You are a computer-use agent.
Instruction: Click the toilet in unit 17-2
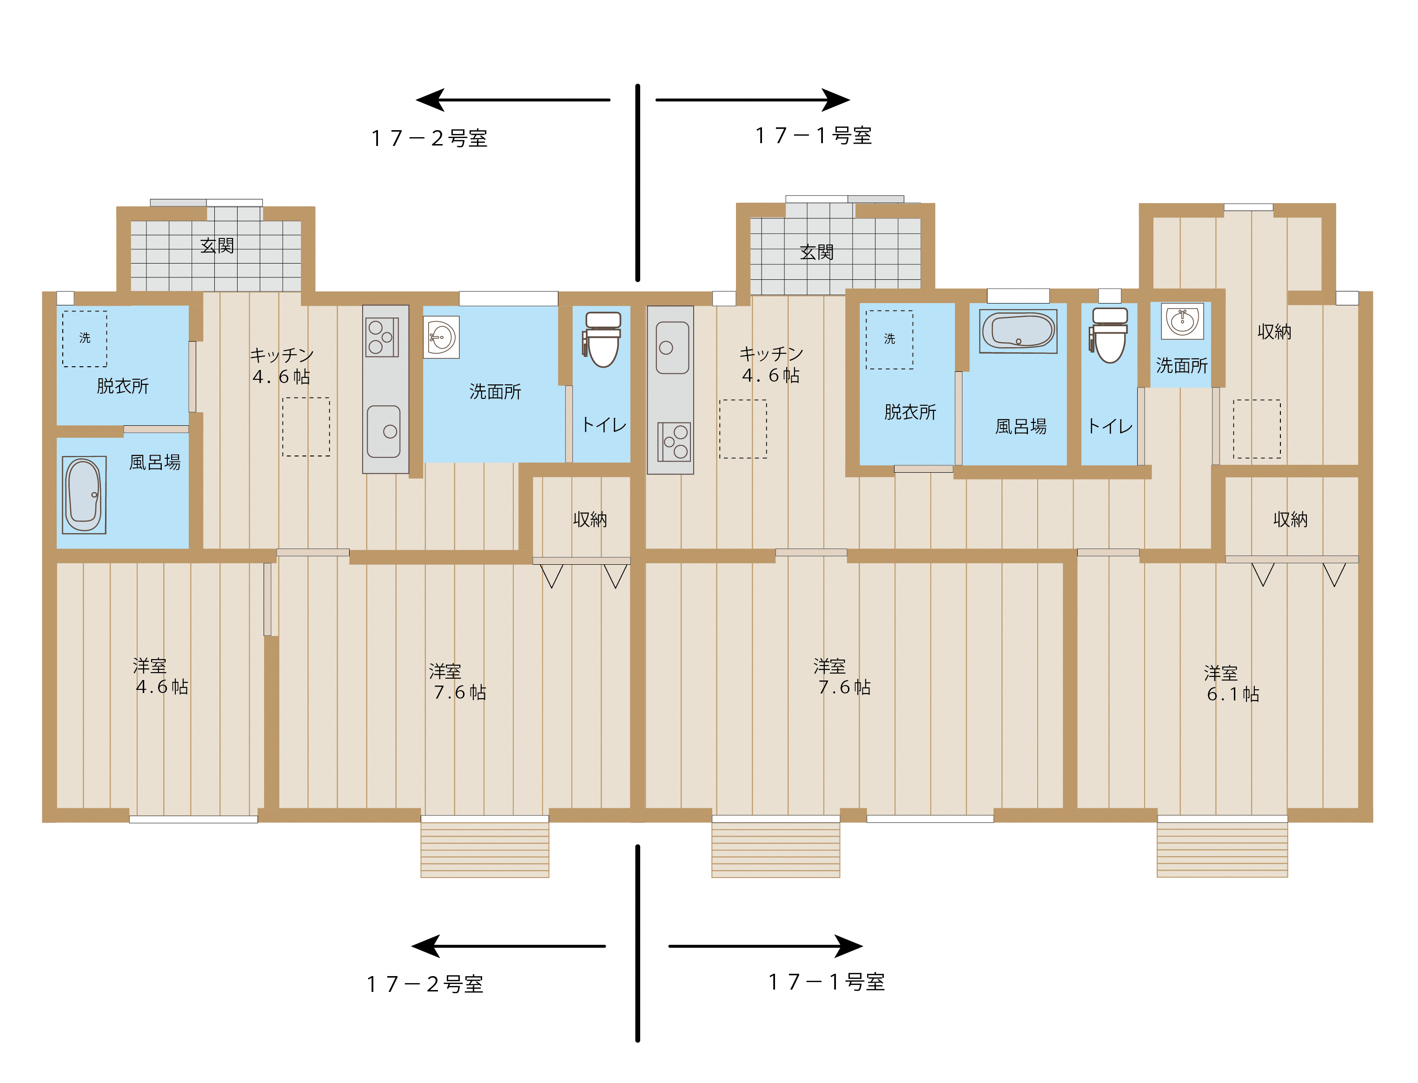[x=602, y=340]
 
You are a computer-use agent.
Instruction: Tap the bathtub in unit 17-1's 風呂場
[x=1018, y=330]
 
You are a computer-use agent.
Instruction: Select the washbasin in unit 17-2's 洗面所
[x=441, y=337]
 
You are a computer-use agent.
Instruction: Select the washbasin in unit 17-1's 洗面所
[x=1182, y=320]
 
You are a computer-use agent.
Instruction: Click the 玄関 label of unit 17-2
[x=217, y=245]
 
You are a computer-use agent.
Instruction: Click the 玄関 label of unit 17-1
[x=816, y=252]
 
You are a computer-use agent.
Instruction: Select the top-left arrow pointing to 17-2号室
[x=513, y=100]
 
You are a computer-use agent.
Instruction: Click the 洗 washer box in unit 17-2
[x=85, y=338]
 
